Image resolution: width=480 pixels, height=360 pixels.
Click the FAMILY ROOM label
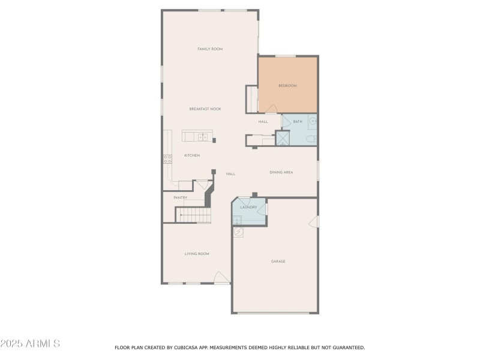pyautogui.click(x=210, y=49)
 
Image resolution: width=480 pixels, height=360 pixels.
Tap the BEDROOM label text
pyautogui.click(x=287, y=86)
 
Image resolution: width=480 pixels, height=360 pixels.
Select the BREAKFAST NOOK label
pyautogui.click(x=205, y=109)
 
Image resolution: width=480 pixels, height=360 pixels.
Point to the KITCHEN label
pyautogui.click(x=192, y=155)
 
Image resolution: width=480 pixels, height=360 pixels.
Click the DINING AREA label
pyautogui.click(x=281, y=173)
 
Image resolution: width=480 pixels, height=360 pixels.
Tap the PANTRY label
pyautogui.click(x=180, y=197)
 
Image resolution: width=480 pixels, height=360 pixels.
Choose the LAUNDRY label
pyautogui.click(x=248, y=208)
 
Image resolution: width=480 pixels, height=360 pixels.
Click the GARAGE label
pyautogui.click(x=278, y=261)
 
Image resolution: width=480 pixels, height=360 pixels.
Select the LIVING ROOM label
pyautogui.click(x=197, y=254)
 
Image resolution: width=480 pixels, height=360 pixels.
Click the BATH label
pyautogui.click(x=298, y=122)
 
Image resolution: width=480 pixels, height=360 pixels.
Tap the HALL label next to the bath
pyautogui.click(x=263, y=122)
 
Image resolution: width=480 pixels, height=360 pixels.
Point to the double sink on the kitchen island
pyautogui.click(x=203, y=137)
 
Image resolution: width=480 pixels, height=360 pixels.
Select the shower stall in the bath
pyautogui.click(x=282, y=138)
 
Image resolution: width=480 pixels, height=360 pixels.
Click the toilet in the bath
pyautogui.click(x=310, y=140)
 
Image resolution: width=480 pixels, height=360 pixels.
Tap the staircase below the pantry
pyautogui.click(x=193, y=214)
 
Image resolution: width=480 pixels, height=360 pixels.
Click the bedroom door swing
pyautogui.click(x=271, y=109)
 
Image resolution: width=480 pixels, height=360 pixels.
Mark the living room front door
pyautogui.click(x=221, y=278)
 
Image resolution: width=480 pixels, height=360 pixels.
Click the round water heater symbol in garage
pyautogui.click(x=238, y=232)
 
